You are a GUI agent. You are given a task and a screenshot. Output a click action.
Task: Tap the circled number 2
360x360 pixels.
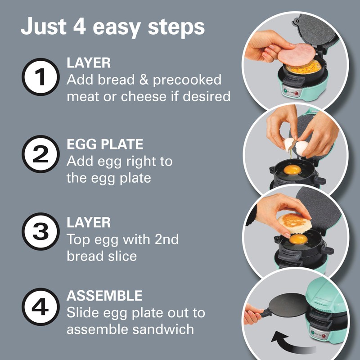click(x=41, y=155)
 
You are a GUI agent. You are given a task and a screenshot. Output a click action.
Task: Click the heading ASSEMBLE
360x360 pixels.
click(x=104, y=296)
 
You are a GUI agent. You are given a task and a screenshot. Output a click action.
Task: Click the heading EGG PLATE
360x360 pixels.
click(x=105, y=144)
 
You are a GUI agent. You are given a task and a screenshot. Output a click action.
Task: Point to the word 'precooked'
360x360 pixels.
click(x=187, y=80)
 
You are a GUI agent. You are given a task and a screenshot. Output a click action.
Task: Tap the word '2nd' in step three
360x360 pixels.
click(x=165, y=239)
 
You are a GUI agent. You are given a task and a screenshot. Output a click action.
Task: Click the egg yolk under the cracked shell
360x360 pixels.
click(x=292, y=170)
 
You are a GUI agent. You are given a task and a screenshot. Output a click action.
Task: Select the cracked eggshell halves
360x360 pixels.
click(x=295, y=145)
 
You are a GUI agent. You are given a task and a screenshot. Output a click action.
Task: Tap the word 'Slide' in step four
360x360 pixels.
click(x=82, y=312)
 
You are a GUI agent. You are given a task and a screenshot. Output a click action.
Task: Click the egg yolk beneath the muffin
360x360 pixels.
click(x=298, y=239)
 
